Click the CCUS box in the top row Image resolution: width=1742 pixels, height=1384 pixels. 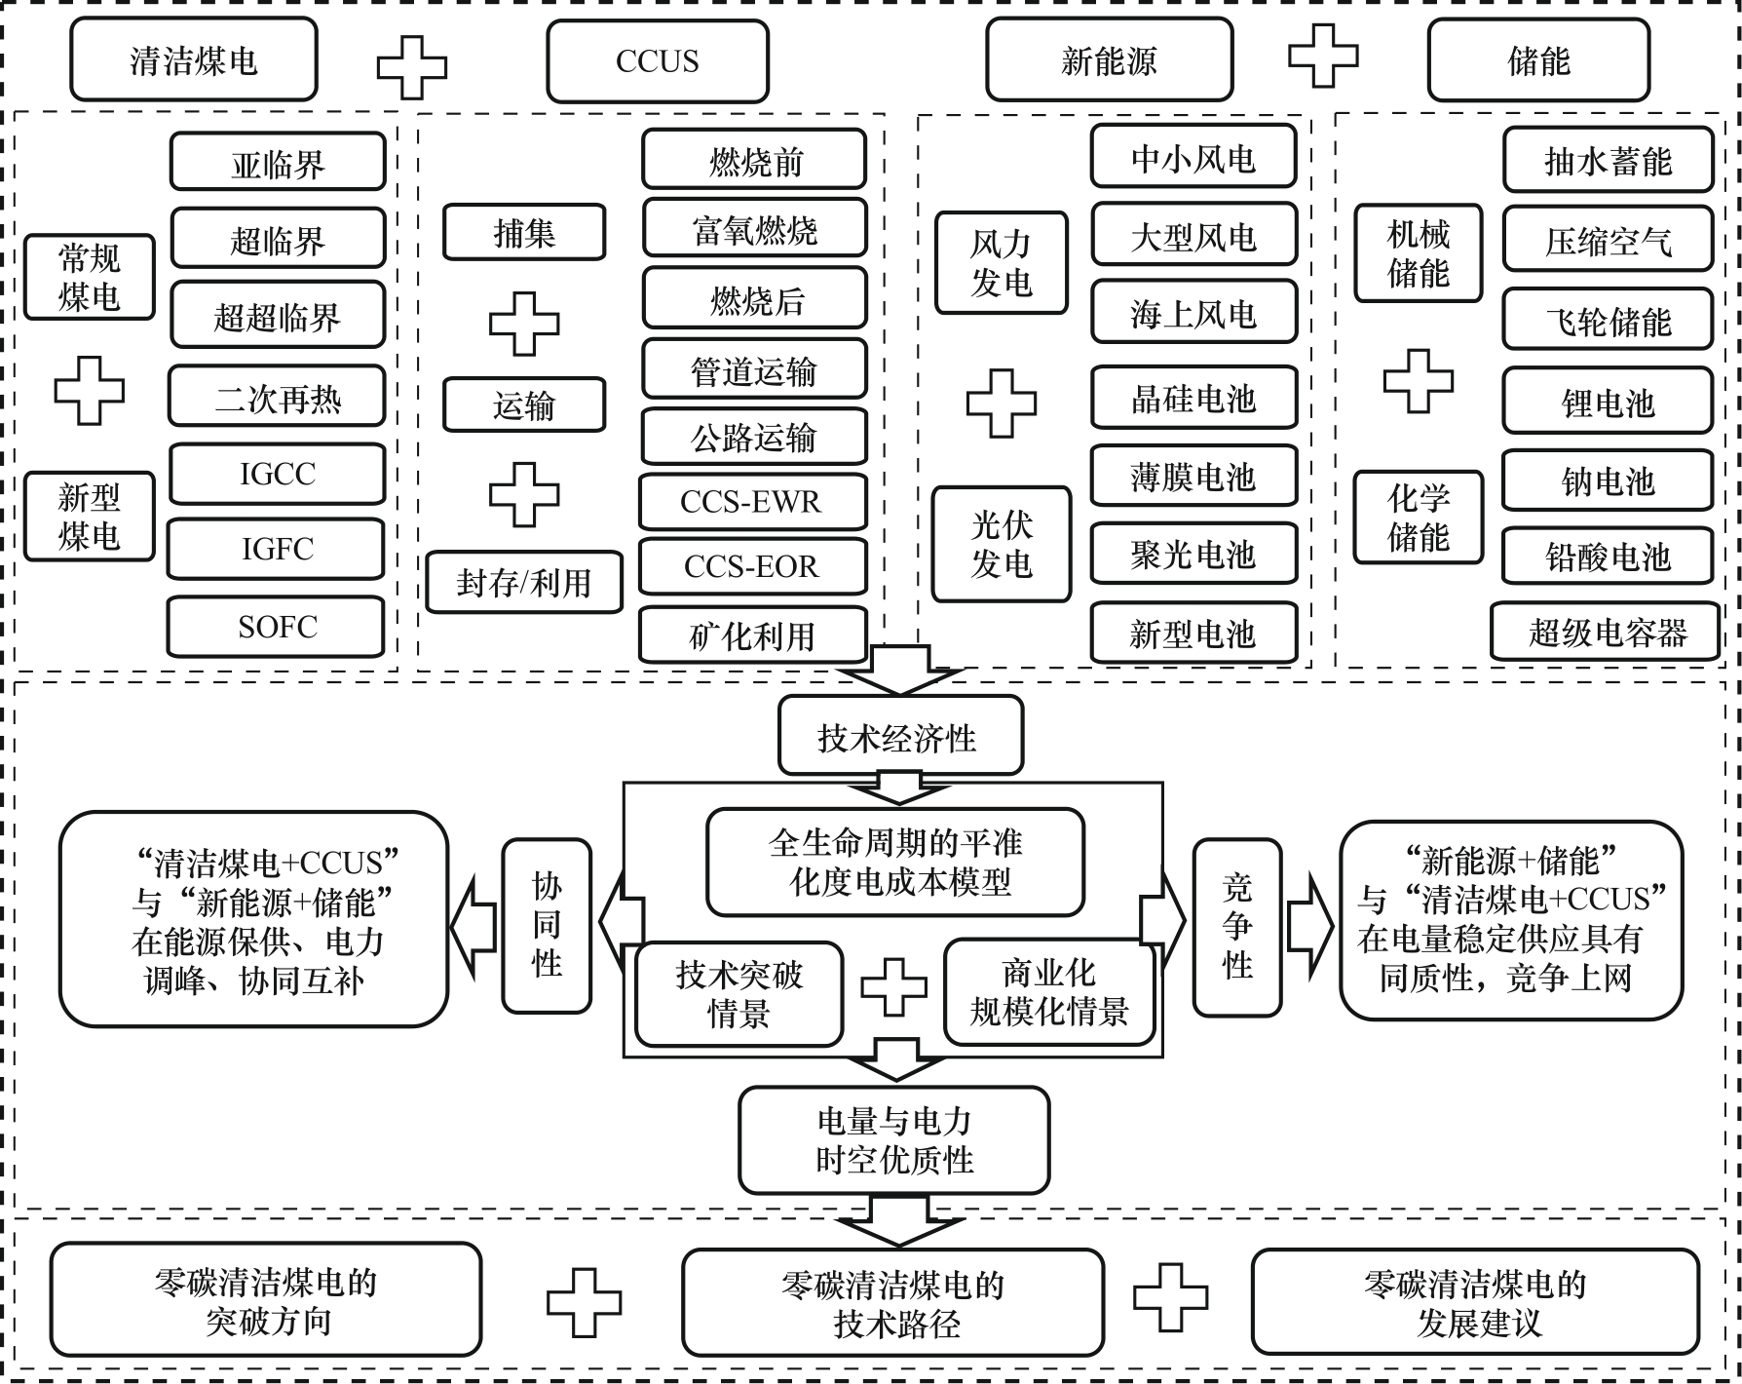[658, 61]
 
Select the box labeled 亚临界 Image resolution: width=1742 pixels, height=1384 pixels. [278, 163]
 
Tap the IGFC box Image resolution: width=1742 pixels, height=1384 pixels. [277, 549]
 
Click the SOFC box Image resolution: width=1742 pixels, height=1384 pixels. [277, 627]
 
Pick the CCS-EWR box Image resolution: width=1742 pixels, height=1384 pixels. [752, 502]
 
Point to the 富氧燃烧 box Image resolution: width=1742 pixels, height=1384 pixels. [754, 229]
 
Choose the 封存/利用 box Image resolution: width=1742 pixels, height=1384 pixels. [524, 583]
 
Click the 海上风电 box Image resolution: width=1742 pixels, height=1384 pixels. [1193, 313]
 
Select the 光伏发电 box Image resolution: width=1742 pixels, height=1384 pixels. [1001, 545]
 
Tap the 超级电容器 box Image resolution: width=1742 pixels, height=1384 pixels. [1607, 633]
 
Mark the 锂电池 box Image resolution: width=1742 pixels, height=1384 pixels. [1608, 402]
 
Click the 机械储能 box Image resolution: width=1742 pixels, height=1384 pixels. [1418, 253]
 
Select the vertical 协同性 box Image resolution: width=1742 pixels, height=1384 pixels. [547, 925]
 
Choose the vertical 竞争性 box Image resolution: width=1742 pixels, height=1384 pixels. [1237, 926]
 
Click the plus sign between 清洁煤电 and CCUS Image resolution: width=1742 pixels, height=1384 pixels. [412, 66]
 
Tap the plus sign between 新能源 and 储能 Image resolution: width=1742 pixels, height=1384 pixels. [1323, 56]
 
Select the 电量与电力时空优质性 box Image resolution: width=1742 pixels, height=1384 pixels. [894, 1140]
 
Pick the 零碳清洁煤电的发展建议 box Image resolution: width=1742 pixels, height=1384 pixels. [1475, 1303]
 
